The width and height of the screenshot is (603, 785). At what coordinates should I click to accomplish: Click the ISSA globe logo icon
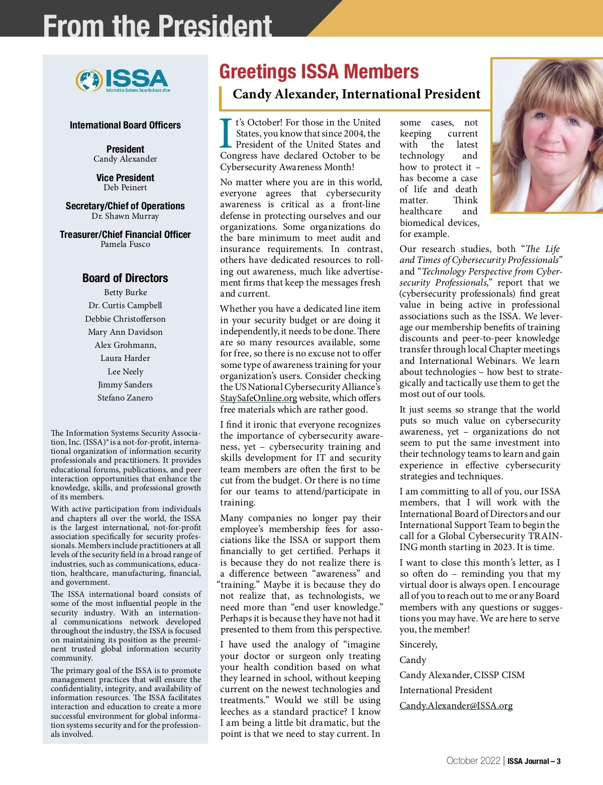click(x=89, y=80)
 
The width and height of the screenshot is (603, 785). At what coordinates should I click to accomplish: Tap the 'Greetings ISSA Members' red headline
click(x=319, y=72)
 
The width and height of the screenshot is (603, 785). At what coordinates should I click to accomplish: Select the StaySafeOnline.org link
click(x=258, y=398)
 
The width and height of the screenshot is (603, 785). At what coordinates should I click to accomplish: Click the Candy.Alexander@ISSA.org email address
click(x=456, y=706)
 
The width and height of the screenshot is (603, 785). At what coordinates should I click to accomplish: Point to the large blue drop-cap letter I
click(x=226, y=134)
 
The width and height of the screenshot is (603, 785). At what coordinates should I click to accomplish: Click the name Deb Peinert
click(x=125, y=188)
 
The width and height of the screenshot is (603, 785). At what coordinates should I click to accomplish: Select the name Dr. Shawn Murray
click(x=125, y=216)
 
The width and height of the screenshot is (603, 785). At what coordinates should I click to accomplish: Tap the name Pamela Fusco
click(x=125, y=244)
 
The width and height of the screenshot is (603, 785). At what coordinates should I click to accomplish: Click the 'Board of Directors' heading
click(x=125, y=278)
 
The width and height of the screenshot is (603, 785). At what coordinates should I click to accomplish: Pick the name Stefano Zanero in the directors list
click(x=125, y=398)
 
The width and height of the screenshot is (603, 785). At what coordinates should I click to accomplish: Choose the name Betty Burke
click(x=125, y=293)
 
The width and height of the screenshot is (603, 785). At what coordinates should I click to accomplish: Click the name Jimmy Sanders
click(x=125, y=385)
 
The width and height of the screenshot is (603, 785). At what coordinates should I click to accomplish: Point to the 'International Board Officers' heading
click(x=125, y=125)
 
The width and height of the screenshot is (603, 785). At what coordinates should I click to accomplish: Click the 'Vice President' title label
click(x=125, y=178)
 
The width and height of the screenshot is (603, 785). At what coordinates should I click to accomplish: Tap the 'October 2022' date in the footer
click(x=473, y=761)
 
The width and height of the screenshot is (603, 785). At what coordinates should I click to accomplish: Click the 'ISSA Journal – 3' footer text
click(x=534, y=761)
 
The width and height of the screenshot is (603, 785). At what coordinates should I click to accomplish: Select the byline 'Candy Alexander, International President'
click(x=356, y=94)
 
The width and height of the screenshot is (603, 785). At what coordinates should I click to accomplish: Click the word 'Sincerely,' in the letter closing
click(x=418, y=644)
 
